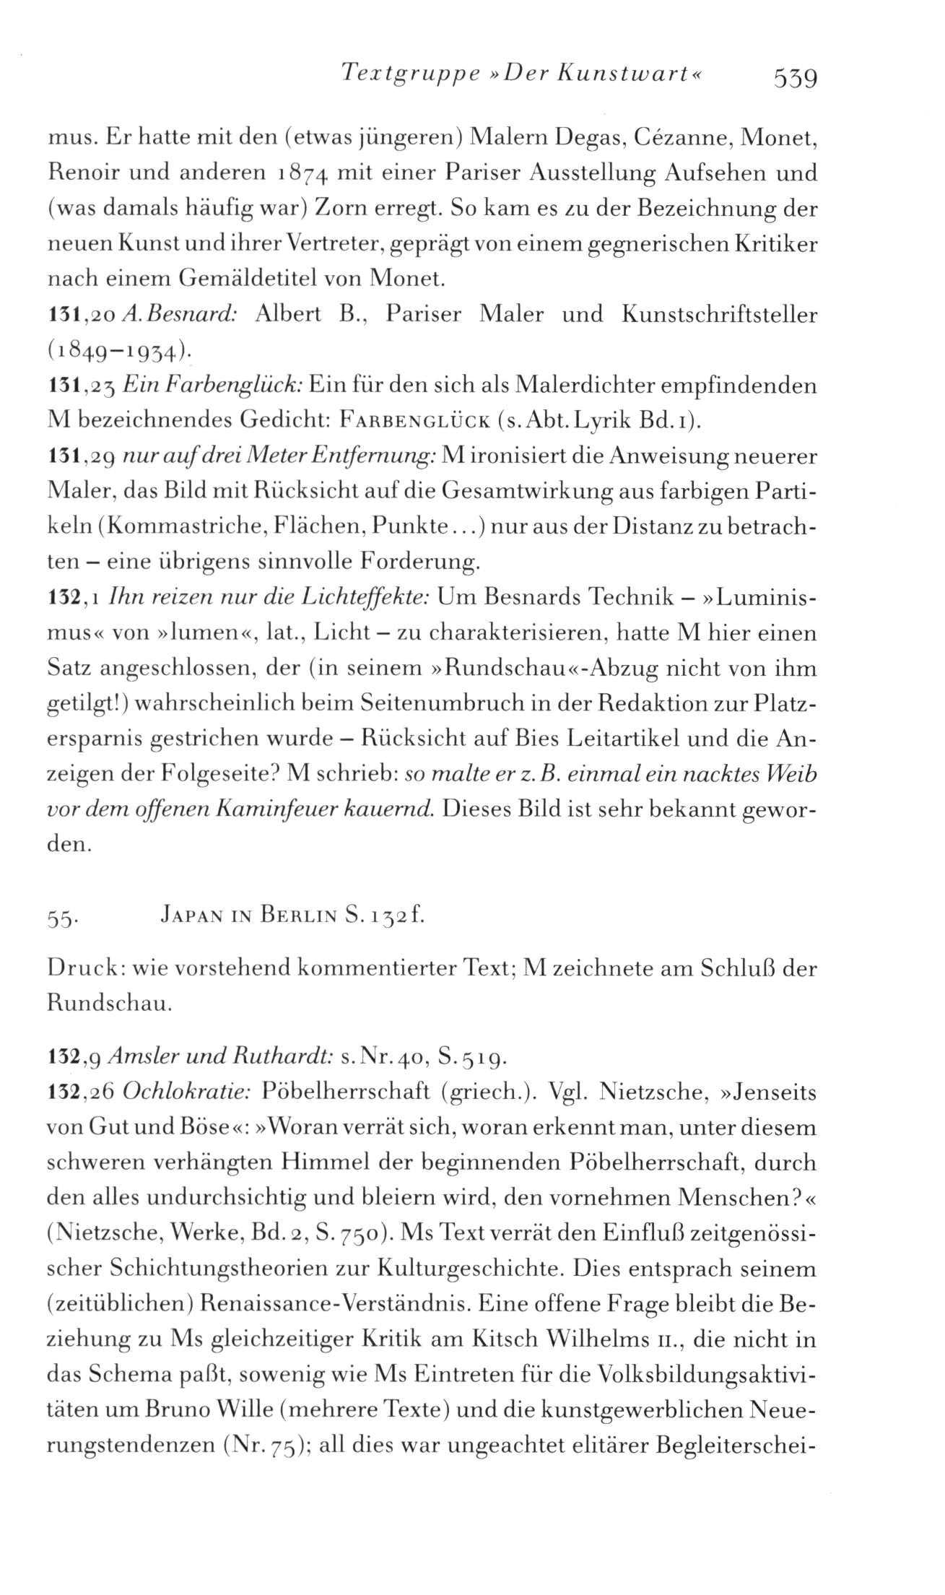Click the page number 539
(x=793, y=76)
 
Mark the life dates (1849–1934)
(x=119, y=352)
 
